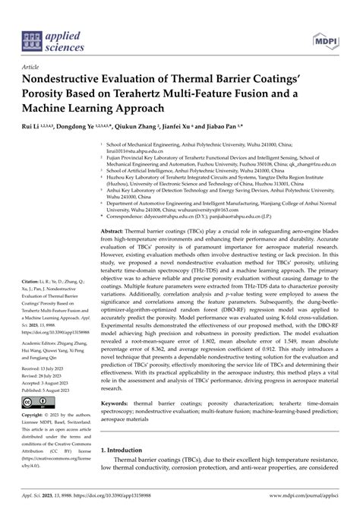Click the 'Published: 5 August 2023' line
coord(48,382)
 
